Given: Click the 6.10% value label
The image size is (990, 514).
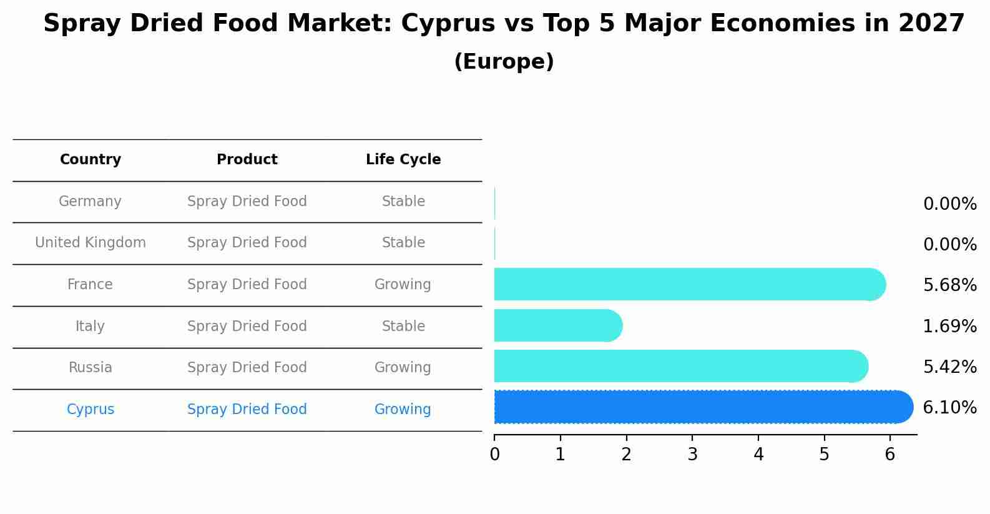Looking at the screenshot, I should coord(949,408).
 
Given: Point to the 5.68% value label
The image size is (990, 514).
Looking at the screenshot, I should coord(949,285).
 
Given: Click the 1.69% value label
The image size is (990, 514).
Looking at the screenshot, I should coord(949,326).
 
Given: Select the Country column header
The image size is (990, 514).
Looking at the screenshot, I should coord(91,160).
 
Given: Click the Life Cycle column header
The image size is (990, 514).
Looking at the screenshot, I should coord(403,160).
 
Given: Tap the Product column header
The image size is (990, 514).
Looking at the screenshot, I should coord(247,160).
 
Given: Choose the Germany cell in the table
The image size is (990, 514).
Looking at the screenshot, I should coord(90,202).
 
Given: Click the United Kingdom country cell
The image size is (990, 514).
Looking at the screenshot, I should coord(91,243).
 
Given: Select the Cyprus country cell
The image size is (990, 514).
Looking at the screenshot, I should coord(91,410).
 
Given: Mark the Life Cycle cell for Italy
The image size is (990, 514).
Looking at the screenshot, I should coord(403,327).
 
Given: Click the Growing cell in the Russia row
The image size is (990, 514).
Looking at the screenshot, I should coord(403,368).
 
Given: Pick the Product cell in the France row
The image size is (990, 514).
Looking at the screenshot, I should coord(247,285).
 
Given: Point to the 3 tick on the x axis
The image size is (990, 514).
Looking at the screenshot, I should coord(692,455).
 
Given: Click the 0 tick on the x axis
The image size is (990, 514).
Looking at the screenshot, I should coord(494,455).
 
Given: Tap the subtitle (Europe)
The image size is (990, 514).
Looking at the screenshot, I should coord(504,62).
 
